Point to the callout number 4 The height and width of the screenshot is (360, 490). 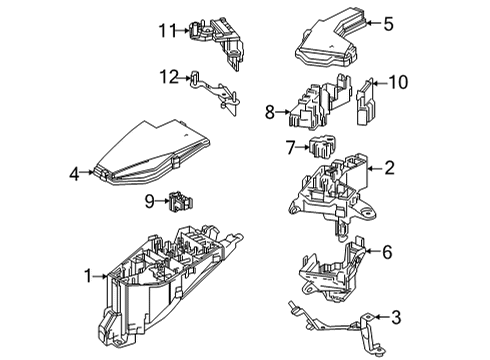[74, 173]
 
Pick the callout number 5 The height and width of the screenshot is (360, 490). [388, 21]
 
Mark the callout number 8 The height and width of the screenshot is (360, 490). [268, 113]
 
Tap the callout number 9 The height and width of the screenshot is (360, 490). [149, 201]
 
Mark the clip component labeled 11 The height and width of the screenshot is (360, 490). [210, 34]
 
